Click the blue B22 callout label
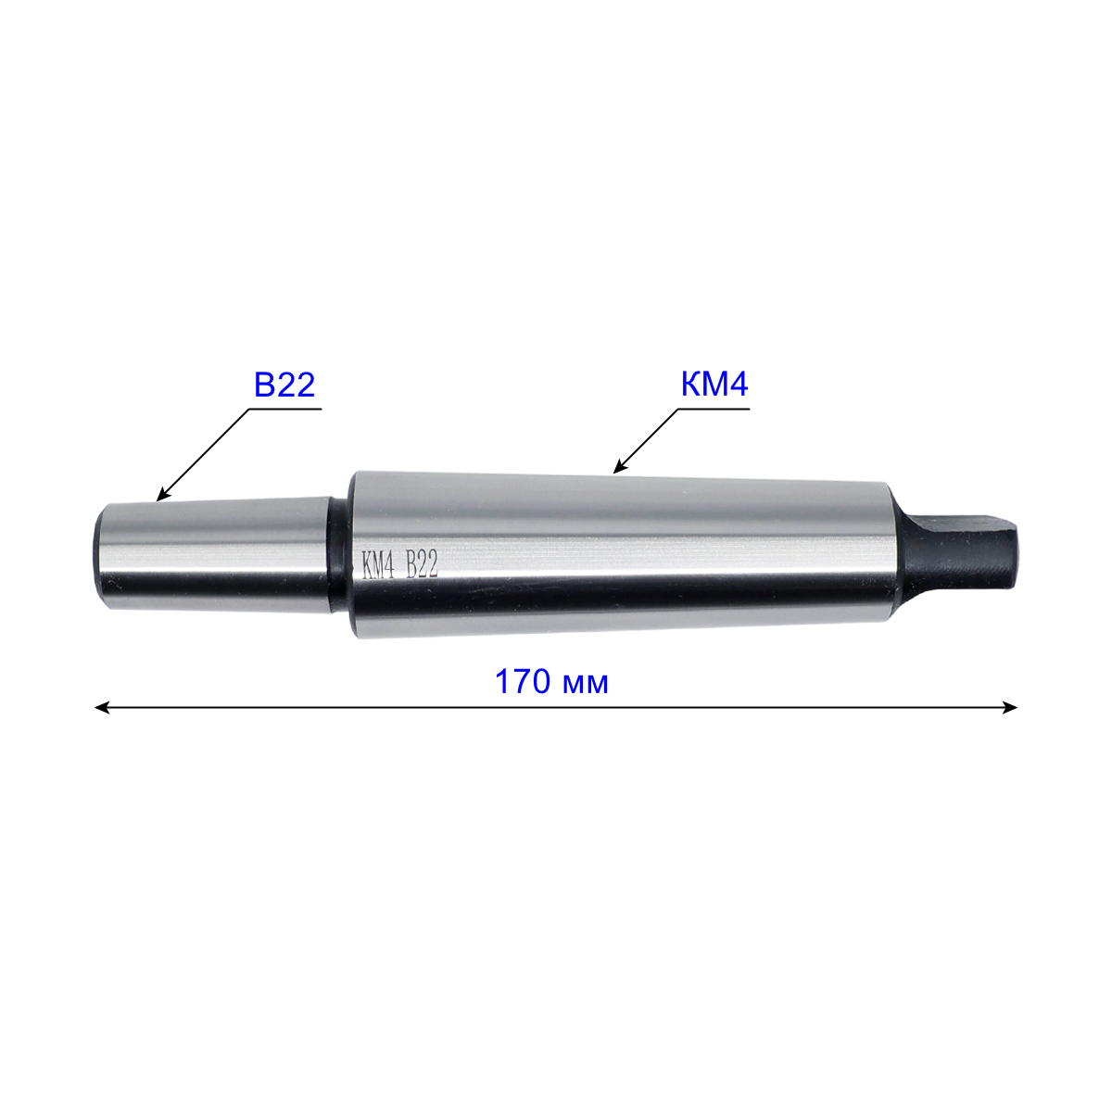(284, 385)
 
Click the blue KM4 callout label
(714, 385)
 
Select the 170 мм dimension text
(551, 682)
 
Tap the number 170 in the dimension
(522, 682)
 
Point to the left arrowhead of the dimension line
(102, 707)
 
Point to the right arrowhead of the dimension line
(1009, 707)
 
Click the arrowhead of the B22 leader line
(163, 494)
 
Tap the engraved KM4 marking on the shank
(377, 564)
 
